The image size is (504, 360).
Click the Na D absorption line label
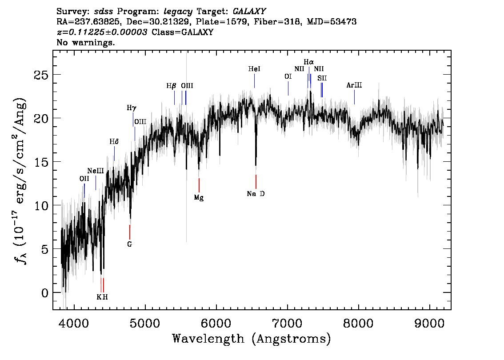point(256,194)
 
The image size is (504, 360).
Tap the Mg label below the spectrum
point(199,198)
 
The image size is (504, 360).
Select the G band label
point(129,244)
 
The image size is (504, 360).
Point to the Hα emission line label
point(309,62)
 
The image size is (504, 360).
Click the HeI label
point(254,69)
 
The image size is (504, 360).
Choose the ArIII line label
point(354,85)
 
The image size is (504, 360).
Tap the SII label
point(322,78)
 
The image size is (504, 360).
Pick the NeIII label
point(96,171)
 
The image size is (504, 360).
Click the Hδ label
point(114,142)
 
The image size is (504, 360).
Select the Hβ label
point(171,86)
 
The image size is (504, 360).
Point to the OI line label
point(288,76)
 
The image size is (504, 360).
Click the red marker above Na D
point(256,182)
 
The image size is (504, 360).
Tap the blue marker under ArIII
point(355,97)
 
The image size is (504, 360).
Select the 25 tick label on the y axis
point(41,75)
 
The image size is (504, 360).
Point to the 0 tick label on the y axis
point(45,293)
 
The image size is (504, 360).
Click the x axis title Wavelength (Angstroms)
point(252,339)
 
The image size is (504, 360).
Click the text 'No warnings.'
point(85,42)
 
